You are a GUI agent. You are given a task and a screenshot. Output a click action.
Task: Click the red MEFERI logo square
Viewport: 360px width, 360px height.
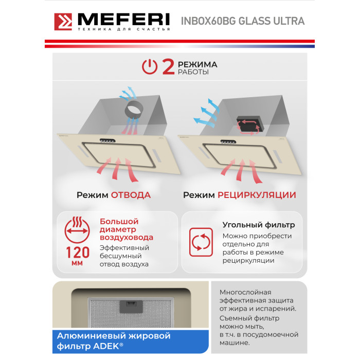tap(63, 22)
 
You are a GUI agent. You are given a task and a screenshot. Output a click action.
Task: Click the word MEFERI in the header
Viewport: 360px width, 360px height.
tap(124, 20)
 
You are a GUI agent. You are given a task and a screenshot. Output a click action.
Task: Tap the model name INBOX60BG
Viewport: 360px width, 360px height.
tap(208, 21)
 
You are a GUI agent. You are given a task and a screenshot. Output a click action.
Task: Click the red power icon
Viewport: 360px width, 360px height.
tap(150, 66)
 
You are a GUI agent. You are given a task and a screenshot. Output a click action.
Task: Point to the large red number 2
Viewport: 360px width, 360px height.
tap(168, 66)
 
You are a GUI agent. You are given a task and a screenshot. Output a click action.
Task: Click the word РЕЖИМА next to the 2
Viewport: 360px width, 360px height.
tap(197, 64)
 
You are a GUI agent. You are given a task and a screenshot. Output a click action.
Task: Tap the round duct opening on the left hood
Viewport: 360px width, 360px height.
tap(134, 110)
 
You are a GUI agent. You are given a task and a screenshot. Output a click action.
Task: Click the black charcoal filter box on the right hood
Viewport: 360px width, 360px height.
tap(250, 124)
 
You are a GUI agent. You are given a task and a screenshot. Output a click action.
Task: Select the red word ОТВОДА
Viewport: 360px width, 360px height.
tap(131, 195)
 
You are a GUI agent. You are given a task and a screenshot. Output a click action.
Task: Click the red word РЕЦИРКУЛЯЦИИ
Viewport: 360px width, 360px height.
tap(257, 195)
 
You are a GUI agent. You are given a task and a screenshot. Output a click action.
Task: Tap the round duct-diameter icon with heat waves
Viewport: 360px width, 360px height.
tap(77, 230)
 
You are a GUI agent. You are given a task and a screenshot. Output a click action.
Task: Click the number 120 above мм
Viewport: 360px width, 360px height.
tap(78, 253)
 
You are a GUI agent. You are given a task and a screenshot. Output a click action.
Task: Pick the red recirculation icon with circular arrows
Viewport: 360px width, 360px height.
tap(201, 242)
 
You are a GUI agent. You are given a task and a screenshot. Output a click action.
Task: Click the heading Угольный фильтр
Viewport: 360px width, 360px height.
tap(259, 225)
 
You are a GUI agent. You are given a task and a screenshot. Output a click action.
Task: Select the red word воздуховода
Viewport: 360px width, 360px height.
tap(127, 238)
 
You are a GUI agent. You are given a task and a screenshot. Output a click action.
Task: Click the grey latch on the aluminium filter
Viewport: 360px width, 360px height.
tap(131, 307)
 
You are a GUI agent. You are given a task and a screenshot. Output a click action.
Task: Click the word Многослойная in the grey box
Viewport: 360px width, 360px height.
tap(245, 292)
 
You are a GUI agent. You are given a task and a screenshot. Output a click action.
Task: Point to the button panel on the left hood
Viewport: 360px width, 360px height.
tap(107, 140)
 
